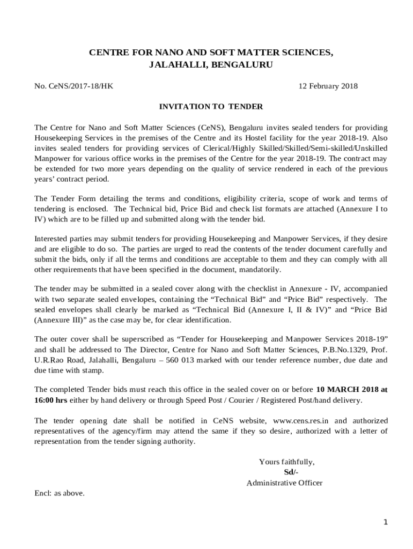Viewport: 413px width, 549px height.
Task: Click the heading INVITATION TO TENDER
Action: [211, 107]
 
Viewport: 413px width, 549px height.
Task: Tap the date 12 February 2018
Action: [328, 86]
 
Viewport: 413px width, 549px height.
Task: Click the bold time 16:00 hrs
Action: [51, 400]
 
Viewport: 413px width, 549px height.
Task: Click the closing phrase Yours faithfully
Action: [287, 462]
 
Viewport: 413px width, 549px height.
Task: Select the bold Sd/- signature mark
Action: [291, 472]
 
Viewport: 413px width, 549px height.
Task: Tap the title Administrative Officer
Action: [284, 483]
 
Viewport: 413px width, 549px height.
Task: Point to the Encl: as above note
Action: [60, 493]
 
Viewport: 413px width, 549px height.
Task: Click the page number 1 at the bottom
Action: [385, 522]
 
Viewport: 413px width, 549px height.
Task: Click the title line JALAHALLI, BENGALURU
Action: [211, 65]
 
